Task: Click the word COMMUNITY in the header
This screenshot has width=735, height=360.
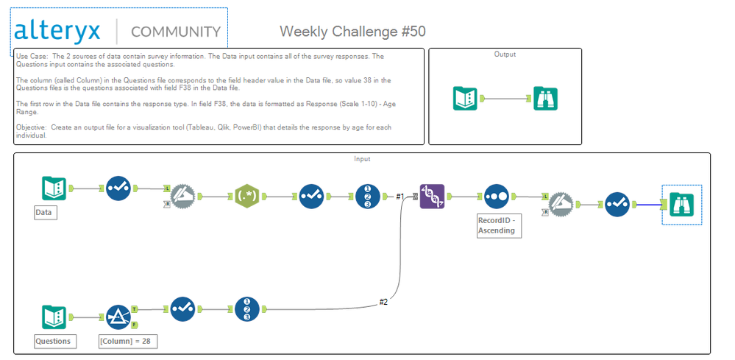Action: pyautogui.click(x=175, y=32)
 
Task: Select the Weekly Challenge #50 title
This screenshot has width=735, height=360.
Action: pyautogui.click(x=352, y=31)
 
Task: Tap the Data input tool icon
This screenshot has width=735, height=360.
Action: pyautogui.click(x=54, y=188)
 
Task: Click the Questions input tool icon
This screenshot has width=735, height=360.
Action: pyautogui.click(x=54, y=317)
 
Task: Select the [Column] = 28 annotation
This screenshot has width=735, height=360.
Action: pyautogui.click(x=128, y=341)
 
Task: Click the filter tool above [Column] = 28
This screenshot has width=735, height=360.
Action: pyautogui.click(x=118, y=317)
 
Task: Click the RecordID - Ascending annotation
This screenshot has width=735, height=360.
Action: pyautogui.click(x=497, y=225)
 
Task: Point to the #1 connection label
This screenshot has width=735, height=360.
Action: pyautogui.click(x=400, y=196)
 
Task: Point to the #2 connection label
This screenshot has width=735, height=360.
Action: pyautogui.click(x=383, y=302)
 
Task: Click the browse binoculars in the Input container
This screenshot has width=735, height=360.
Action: pyautogui.click(x=682, y=203)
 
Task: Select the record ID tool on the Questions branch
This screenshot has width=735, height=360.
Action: pyautogui.click(x=247, y=309)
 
